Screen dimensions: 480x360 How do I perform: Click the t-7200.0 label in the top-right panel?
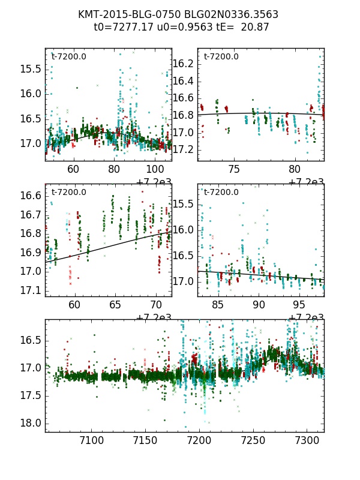tap(221, 57)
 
